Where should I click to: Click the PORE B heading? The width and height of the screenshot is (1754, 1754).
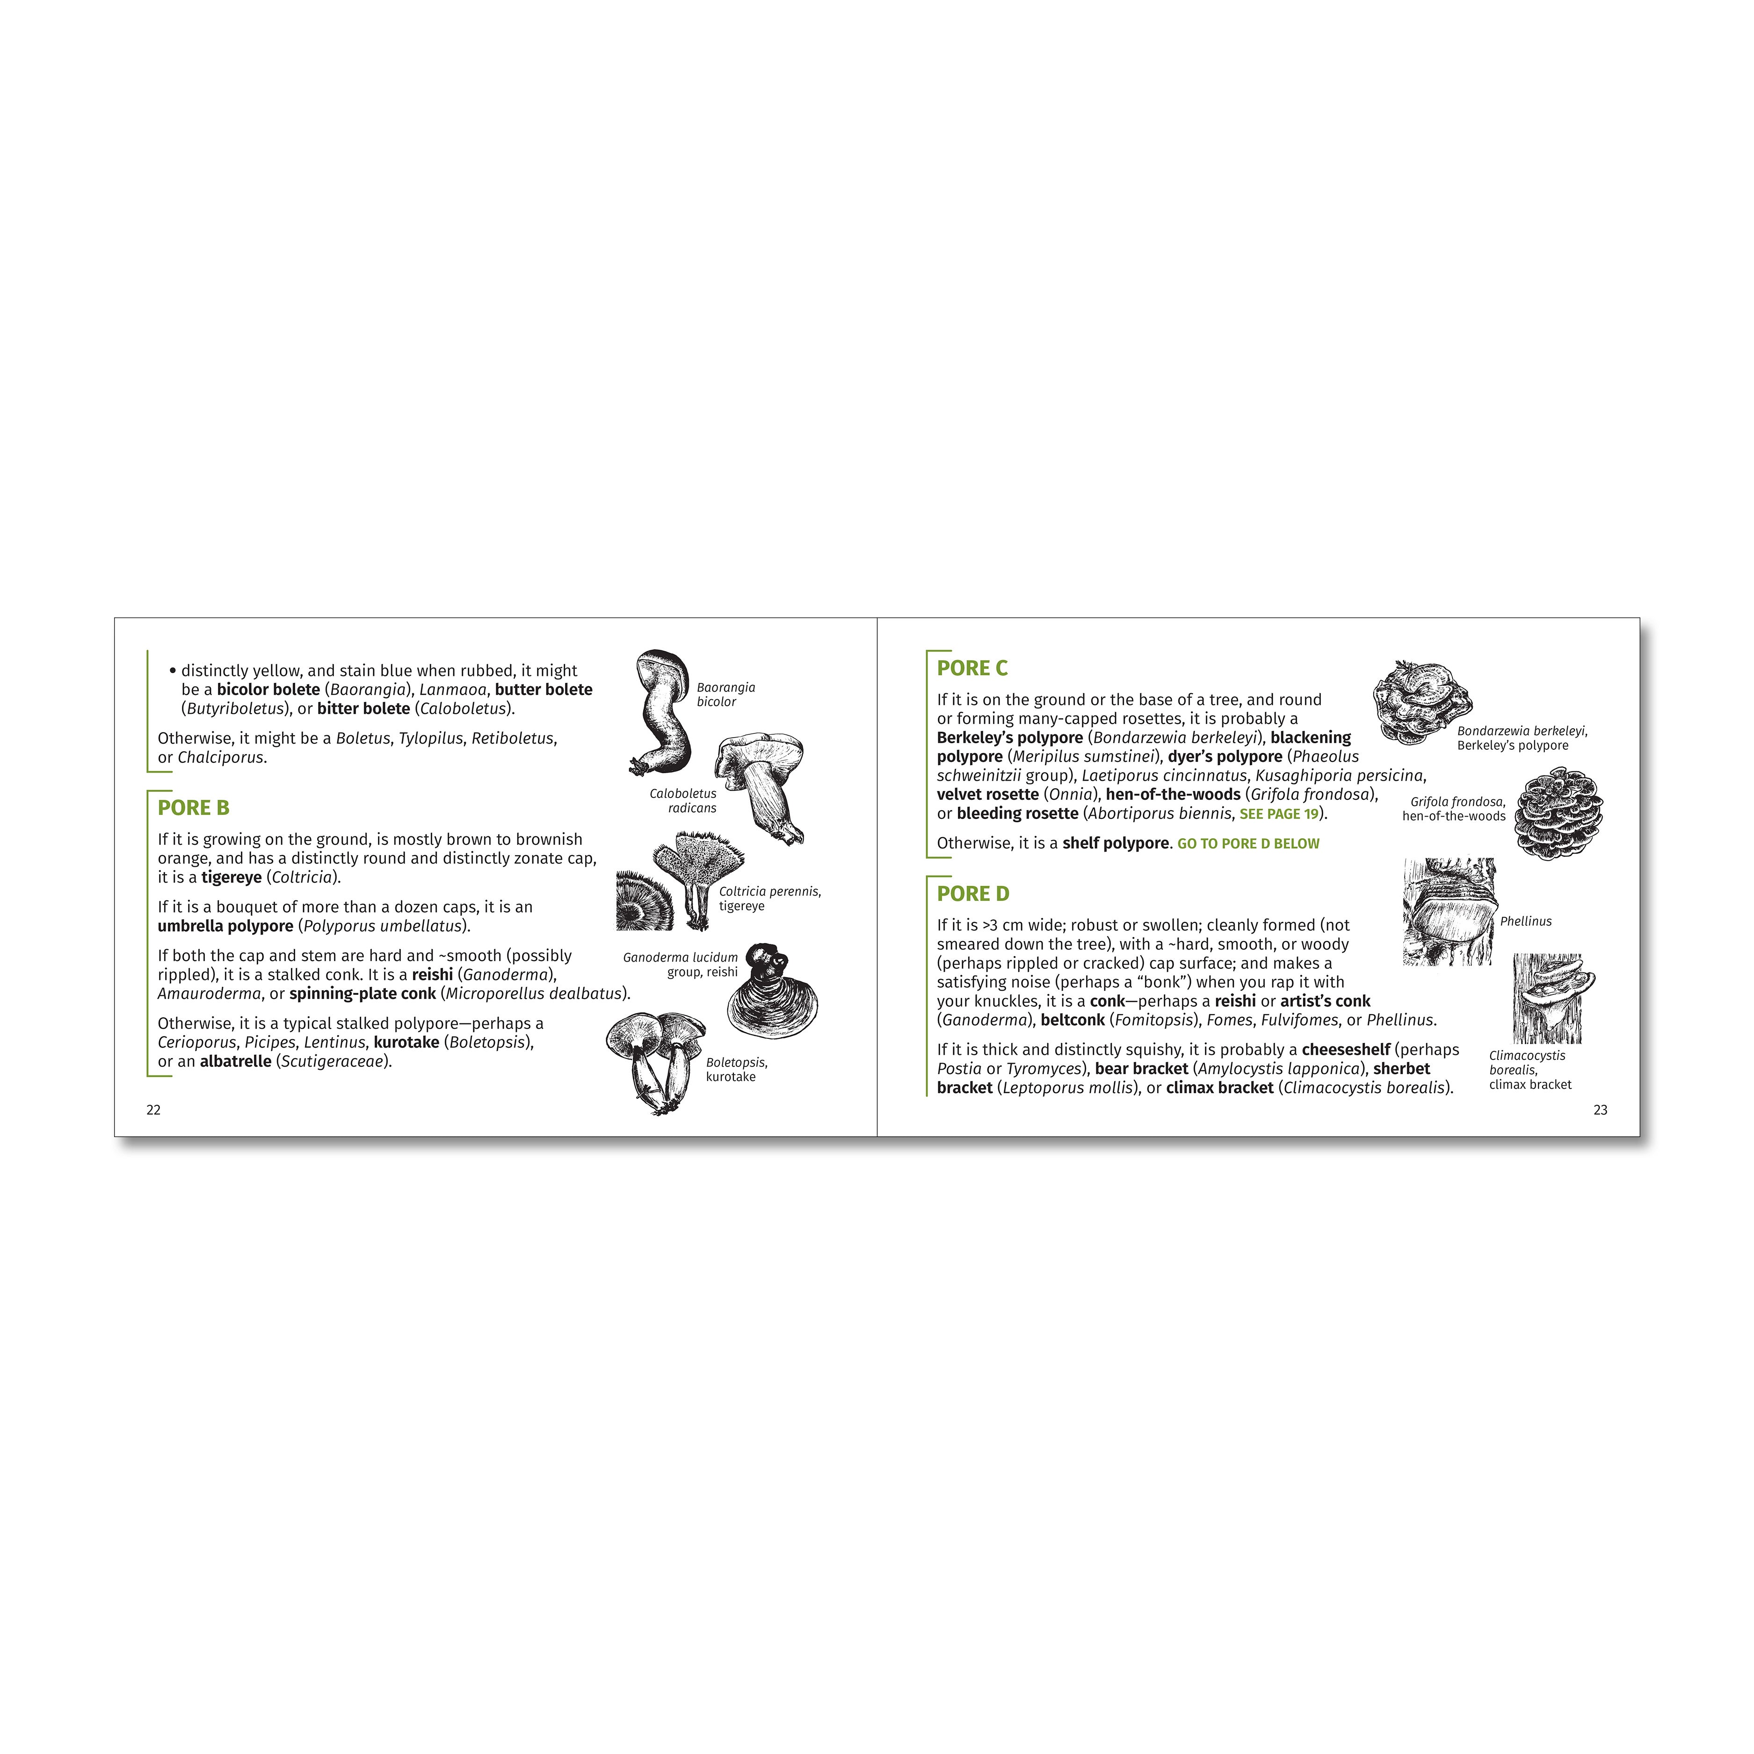point(193,808)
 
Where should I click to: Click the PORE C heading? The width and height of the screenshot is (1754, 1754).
point(972,668)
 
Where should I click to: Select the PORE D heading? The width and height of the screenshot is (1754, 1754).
point(973,894)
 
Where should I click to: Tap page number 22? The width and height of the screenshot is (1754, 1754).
point(153,1110)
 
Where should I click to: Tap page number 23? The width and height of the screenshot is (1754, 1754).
point(1601,1110)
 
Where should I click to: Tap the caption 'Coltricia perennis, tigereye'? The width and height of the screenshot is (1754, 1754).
point(770,899)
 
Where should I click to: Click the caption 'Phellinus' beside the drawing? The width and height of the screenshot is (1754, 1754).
point(1526,921)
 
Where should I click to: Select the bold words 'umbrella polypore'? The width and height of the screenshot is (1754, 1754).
point(225,926)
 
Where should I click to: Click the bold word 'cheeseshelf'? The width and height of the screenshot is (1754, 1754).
point(1346,1050)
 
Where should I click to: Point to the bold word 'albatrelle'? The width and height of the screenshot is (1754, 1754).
point(235,1061)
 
